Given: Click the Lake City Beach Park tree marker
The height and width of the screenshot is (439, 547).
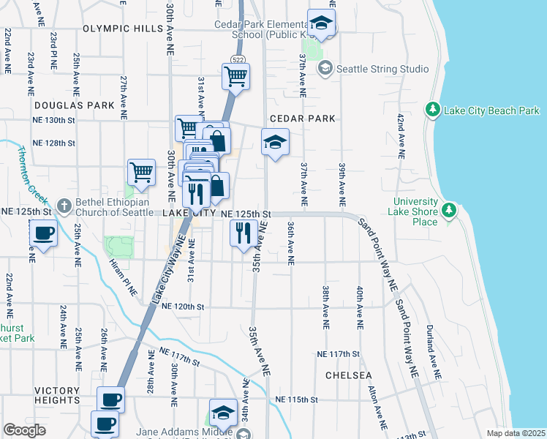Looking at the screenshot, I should click(433, 110).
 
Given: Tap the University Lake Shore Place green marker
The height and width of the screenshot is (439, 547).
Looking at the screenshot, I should click(450, 212).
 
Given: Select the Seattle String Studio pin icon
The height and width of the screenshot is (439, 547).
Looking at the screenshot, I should click(324, 69).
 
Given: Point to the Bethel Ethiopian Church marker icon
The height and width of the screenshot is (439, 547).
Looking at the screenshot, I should click(65, 206).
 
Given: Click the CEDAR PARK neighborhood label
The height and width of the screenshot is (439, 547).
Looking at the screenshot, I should click(302, 119).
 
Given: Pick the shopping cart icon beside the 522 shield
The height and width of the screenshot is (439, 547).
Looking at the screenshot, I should click(235, 75).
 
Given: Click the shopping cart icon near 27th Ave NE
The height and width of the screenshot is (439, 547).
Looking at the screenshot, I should click(141, 172).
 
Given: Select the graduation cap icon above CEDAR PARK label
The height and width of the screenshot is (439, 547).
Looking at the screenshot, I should click(275, 142).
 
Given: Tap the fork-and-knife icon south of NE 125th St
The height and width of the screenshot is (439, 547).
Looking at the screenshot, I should click(243, 233).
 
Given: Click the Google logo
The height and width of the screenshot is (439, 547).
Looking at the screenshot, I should click(25, 430).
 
